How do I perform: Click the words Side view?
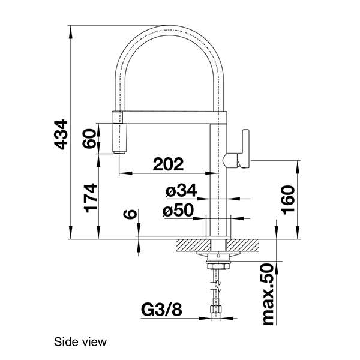(x=80, y=343)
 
